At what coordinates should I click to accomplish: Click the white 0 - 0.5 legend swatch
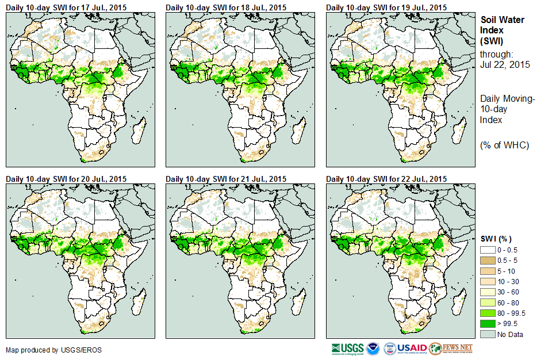click(488, 250)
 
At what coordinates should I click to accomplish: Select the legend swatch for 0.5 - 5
click(488, 260)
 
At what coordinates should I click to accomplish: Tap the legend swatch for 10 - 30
click(488, 281)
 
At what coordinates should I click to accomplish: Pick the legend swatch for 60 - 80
click(488, 302)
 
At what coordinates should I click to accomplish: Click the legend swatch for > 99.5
click(488, 324)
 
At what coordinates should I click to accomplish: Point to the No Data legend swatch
click(488, 334)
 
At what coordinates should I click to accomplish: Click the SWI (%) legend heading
click(496, 239)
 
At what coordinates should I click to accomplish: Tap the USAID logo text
click(412, 348)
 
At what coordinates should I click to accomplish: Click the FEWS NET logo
click(451, 348)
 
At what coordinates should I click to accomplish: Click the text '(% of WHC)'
click(504, 145)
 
